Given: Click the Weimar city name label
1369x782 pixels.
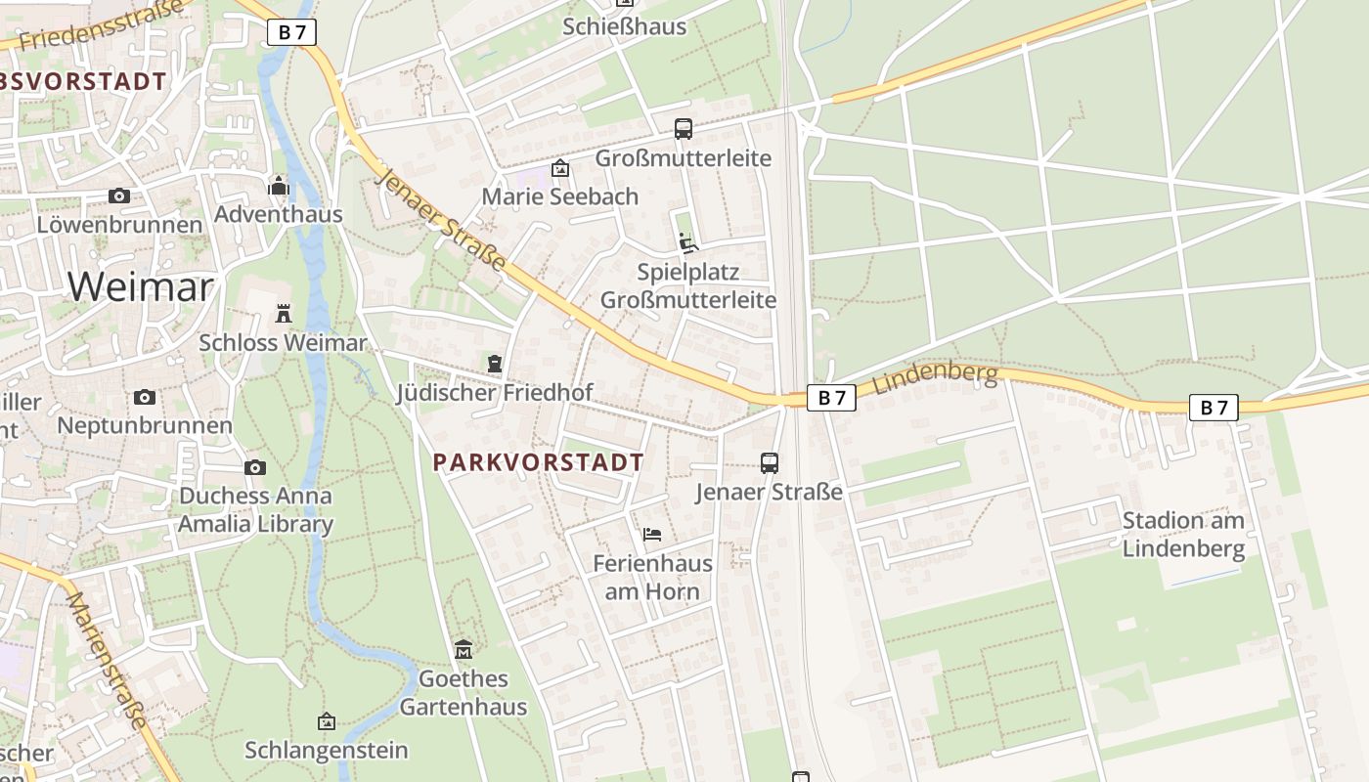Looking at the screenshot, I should tap(141, 286).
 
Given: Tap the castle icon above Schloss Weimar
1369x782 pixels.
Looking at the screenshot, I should tap(284, 314).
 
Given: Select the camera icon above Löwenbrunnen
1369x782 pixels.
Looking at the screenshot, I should tap(119, 195).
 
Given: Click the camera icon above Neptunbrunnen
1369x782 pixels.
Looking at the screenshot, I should tap(145, 397).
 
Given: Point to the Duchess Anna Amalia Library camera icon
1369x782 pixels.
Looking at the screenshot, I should tap(255, 467).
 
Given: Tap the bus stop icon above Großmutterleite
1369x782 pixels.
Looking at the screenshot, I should tap(684, 128).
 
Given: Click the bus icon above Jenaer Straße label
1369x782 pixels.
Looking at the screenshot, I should tap(770, 462).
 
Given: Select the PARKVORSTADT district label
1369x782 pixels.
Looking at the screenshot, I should tap(539, 462).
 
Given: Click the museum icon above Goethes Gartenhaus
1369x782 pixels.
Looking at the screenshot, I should tap(464, 649).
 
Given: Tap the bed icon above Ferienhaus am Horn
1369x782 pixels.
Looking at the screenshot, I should tap(652, 534).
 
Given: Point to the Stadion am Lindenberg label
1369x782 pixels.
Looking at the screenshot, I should tap(1183, 534).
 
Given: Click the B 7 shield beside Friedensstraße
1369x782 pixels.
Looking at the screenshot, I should tap(291, 32).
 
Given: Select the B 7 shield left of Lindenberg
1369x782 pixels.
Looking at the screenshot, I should tap(831, 397).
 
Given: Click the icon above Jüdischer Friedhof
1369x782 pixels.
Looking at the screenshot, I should tap(495, 364).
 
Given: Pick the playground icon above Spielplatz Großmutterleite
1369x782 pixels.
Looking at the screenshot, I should tap(687, 242).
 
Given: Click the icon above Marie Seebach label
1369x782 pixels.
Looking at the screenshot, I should tap(560, 168).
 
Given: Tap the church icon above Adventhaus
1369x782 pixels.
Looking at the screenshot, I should tap(279, 186).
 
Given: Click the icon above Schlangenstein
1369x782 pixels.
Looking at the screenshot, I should tap(327, 721).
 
